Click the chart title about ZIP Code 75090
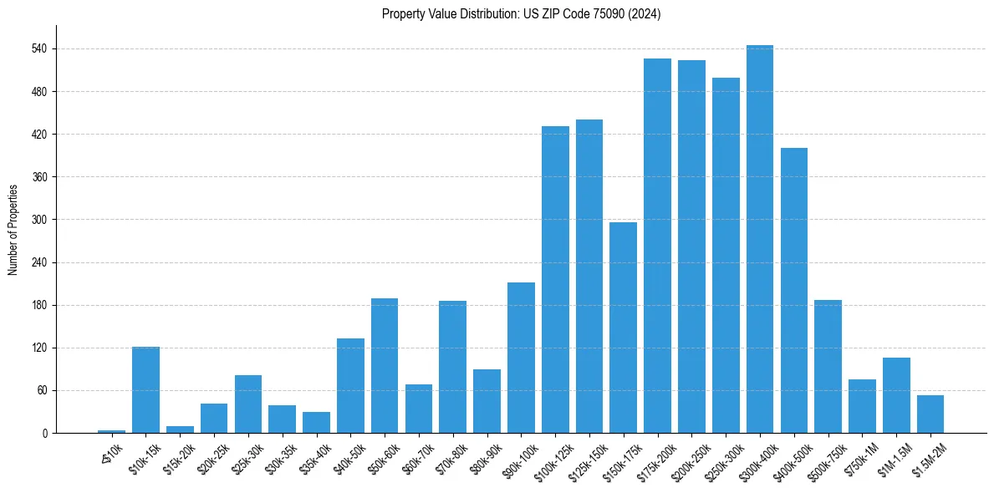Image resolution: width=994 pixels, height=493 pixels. click(x=521, y=14)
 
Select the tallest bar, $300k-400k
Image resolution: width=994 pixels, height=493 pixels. click(x=759, y=239)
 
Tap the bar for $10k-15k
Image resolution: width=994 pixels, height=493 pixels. click(x=145, y=389)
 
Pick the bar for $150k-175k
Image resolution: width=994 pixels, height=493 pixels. click(x=623, y=328)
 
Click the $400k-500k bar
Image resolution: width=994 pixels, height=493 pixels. click(x=793, y=290)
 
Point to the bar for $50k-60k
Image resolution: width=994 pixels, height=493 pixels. click(x=385, y=365)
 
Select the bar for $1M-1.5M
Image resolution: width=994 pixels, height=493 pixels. click(x=896, y=395)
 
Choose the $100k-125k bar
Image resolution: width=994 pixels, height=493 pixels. click(x=555, y=279)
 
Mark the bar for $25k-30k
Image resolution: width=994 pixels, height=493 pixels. click(x=248, y=404)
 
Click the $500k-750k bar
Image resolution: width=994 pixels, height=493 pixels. click(x=828, y=366)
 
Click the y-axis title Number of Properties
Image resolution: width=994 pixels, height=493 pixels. click(x=13, y=229)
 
